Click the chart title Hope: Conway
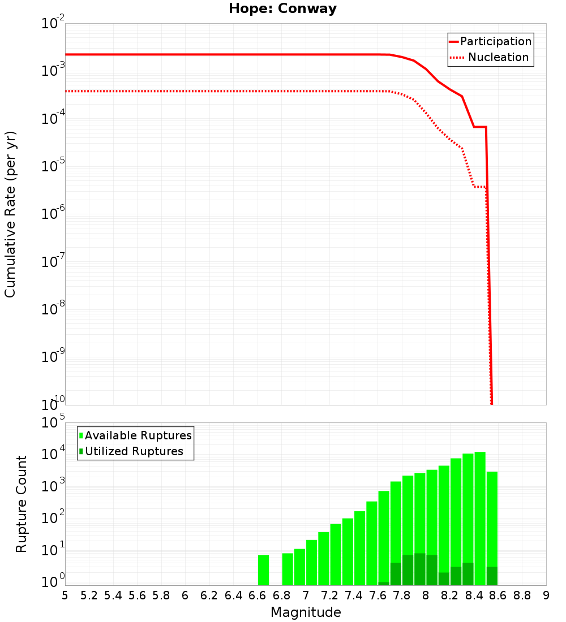coord(282,9)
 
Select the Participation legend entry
coord(496,41)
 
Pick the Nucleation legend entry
coord(498,57)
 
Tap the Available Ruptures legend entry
coord(138,435)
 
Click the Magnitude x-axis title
coord(306,612)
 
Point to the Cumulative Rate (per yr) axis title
coord(10,214)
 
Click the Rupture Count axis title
coord(22,504)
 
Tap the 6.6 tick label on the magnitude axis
coord(258,595)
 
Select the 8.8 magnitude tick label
coord(522,595)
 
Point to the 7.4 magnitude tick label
coord(354,595)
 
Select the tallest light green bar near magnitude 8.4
coord(480,509)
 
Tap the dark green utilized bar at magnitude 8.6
coord(492,576)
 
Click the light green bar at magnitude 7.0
coord(312,563)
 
